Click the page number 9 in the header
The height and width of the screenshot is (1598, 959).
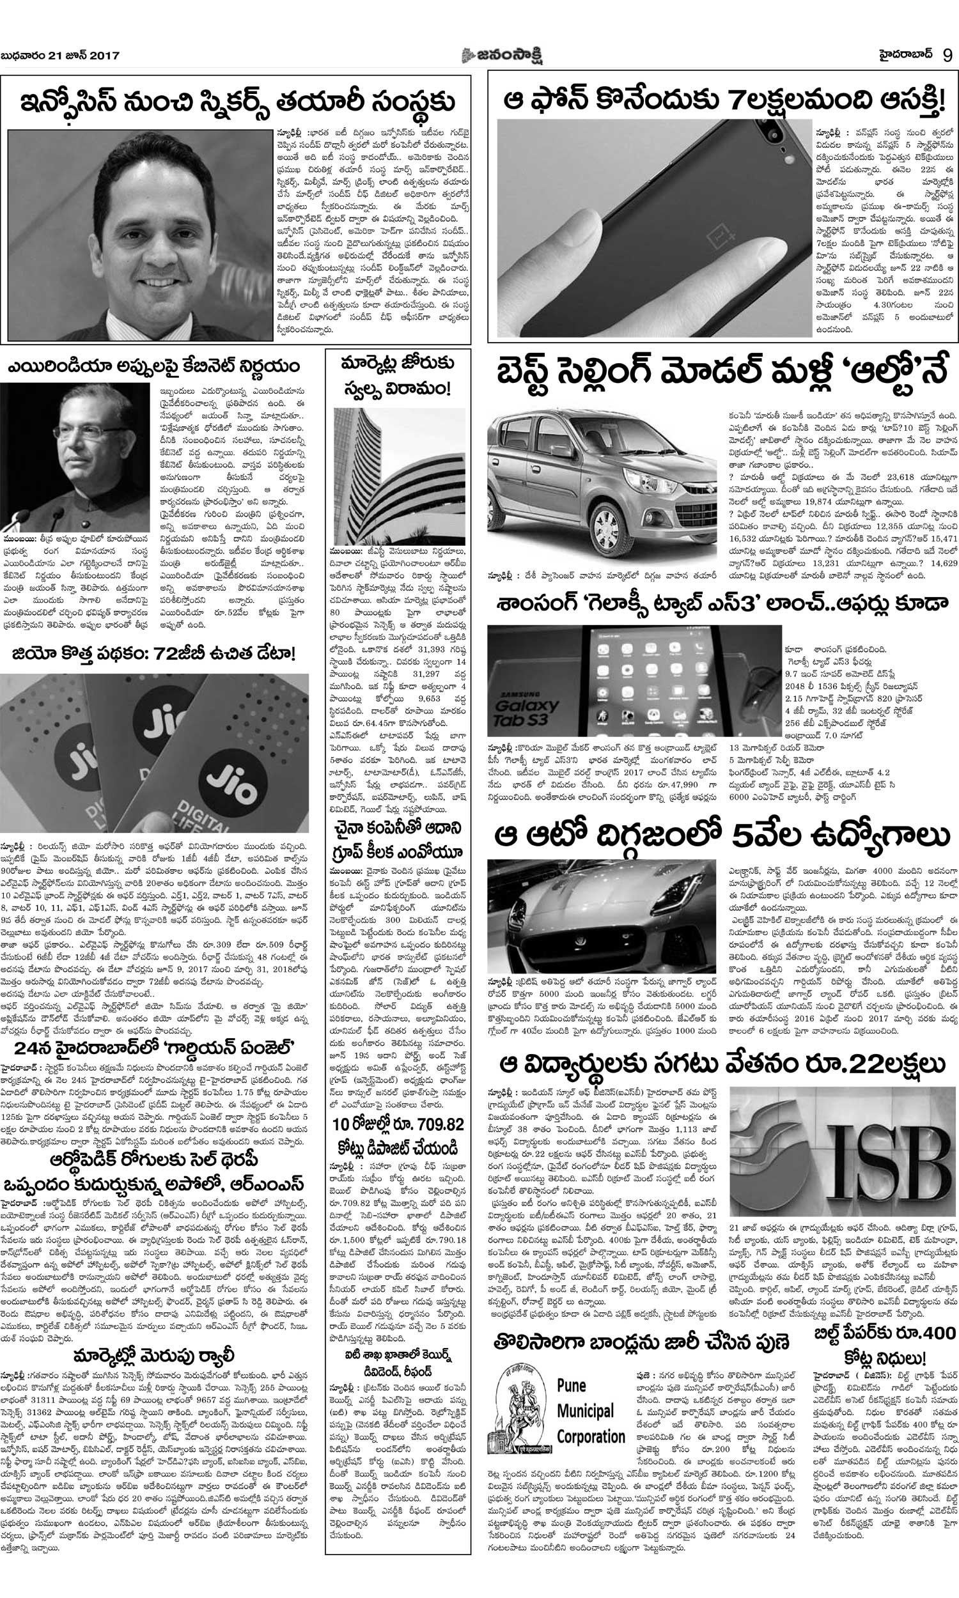click(x=948, y=55)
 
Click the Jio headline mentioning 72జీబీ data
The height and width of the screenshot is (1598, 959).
click(x=154, y=654)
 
